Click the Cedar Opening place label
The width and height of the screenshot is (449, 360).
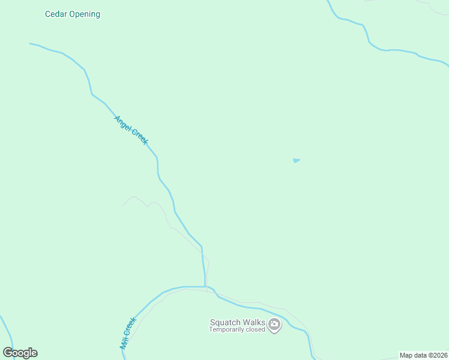[x=73, y=14]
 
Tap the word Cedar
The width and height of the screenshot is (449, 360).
[x=56, y=14]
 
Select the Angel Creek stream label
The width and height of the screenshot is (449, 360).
[x=131, y=130]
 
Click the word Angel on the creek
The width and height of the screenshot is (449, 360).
[x=122, y=122]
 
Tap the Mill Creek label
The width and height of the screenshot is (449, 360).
[x=128, y=333]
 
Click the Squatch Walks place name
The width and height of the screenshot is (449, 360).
[x=237, y=322]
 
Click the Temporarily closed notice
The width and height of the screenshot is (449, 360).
[x=237, y=329]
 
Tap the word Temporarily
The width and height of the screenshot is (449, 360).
[x=226, y=329]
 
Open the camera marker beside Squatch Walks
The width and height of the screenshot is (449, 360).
[x=275, y=325]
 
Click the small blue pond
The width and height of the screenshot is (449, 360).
[x=296, y=160]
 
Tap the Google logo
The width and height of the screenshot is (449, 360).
[x=20, y=353]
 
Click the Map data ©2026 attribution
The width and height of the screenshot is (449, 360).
[x=423, y=355]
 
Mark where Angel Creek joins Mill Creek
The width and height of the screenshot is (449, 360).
[x=205, y=287]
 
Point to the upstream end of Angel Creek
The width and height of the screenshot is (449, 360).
[x=30, y=43]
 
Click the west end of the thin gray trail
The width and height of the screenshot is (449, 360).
[x=122, y=206]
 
